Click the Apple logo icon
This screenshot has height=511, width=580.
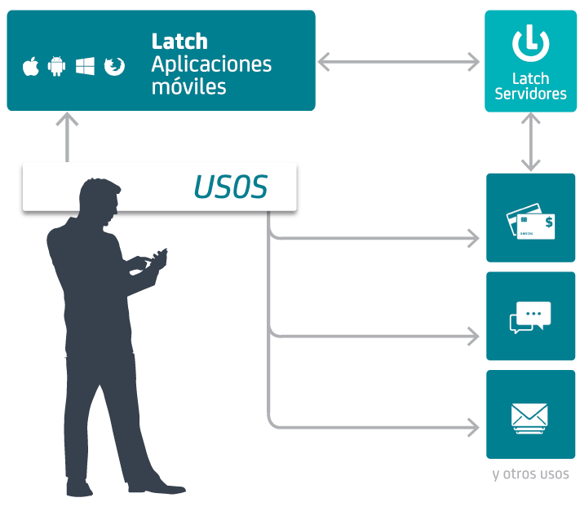[31, 66]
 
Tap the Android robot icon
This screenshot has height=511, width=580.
[56, 66]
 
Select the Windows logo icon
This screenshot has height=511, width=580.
[85, 66]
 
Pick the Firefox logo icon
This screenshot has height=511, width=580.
[114, 66]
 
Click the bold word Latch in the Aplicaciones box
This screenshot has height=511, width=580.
[179, 41]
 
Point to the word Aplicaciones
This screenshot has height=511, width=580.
[211, 64]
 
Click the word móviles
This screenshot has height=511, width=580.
[188, 86]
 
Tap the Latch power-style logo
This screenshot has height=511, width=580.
[530, 43]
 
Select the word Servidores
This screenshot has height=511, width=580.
[530, 95]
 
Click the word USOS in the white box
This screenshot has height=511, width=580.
[231, 187]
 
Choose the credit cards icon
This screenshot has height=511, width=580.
[530, 219]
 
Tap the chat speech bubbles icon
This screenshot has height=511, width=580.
[530, 316]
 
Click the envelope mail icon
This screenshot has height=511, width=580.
[530, 416]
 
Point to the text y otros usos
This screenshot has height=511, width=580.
[530, 474]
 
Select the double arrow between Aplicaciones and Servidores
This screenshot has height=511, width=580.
[398, 60]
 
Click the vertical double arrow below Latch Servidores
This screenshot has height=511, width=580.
[531, 142]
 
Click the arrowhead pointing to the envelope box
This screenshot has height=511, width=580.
[472, 425]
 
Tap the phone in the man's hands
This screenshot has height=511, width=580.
[161, 256]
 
